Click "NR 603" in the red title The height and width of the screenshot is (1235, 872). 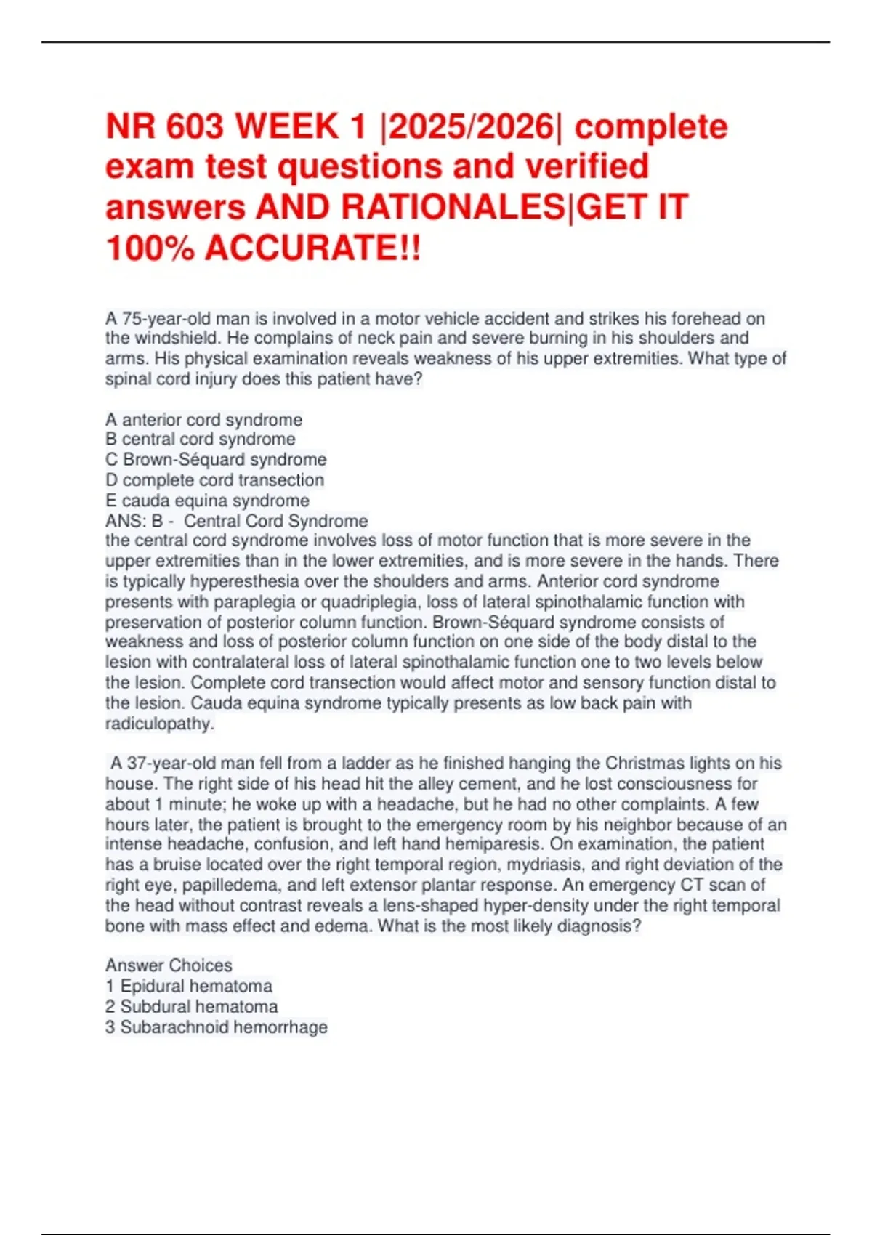tap(165, 126)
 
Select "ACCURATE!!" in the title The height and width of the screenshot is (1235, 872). tap(312, 248)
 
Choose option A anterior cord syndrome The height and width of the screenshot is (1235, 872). tap(203, 420)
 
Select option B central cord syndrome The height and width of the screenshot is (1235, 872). tap(201, 440)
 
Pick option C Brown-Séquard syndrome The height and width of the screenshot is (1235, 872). tap(216, 460)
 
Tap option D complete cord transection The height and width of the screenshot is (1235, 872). tap(214, 480)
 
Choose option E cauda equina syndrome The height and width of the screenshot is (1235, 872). tap(207, 501)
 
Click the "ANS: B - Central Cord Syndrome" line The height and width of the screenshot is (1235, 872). tap(236, 521)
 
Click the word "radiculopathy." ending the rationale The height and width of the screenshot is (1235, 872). tap(160, 724)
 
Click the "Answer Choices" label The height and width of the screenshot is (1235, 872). tap(169, 965)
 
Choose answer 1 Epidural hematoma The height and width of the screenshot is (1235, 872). tap(189, 987)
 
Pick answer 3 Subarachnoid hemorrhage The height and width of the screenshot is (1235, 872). tap(217, 1027)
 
